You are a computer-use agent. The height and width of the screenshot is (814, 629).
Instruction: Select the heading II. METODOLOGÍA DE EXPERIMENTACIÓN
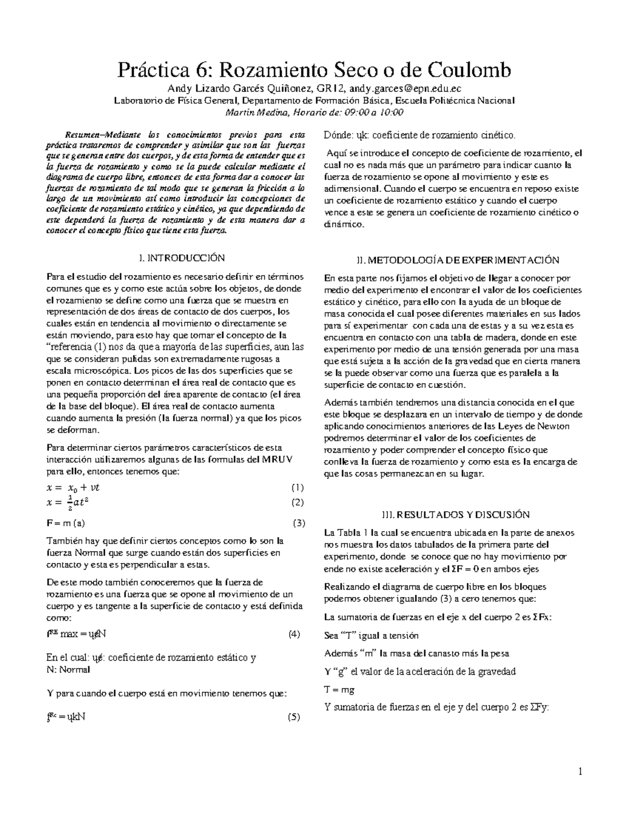tap(457, 260)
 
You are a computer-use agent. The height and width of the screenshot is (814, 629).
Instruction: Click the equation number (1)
tap(297, 487)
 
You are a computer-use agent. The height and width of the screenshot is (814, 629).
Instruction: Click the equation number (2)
tap(297, 502)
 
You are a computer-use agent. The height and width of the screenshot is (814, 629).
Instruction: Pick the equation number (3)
tap(299, 523)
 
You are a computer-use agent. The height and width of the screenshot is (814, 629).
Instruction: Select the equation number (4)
tap(294, 634)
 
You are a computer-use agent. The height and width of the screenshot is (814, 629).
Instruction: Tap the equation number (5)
tap(294, 718)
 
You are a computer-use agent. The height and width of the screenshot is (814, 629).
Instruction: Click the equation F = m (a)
tap(66, 523)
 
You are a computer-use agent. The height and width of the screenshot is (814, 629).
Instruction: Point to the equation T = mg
tap(340, 690)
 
